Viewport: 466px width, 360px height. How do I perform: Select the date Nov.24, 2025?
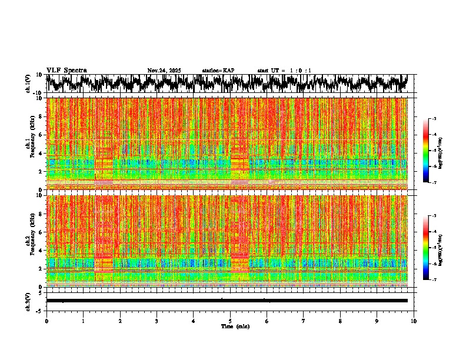click(x=164, y=71)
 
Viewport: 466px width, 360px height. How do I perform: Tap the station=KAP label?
click(x=218, y=71)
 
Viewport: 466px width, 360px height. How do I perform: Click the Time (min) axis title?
click(x=230, y=326)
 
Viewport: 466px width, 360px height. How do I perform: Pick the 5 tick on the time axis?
click(x=230, y=321)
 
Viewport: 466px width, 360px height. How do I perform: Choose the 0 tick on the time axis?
click(x=46, y=321)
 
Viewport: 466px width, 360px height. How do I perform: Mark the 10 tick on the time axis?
click(x=414, y=321)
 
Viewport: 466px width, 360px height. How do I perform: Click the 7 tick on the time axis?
click(x=304, y=321)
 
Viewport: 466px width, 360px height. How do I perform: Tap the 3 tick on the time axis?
click(x=157, y=321)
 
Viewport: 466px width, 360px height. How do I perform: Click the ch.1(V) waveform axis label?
click(x=28, y=84)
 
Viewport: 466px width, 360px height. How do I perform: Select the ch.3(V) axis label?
click(x=28, y=300)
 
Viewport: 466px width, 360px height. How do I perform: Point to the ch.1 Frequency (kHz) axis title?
click(x=30, y=144)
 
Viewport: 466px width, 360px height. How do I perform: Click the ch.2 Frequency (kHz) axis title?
click(x=30, y=241)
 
